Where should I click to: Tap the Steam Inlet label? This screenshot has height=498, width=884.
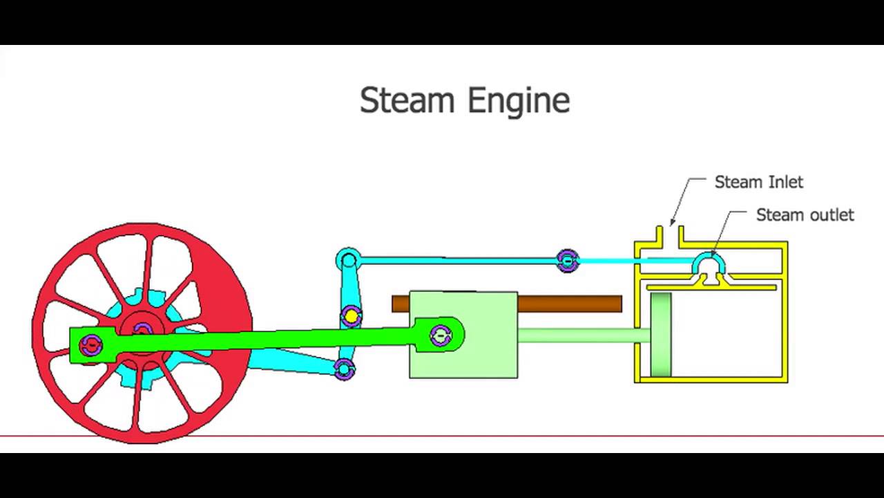tap(758, 182)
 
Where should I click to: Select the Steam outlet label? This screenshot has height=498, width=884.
tap(805, 214)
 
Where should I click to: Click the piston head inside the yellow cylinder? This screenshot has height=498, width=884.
tap(661, 335)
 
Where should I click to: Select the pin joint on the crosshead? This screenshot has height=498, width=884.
tap(441, 335)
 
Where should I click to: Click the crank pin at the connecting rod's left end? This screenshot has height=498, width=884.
tap(90, 344)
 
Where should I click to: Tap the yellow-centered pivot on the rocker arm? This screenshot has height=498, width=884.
tap(351, 317)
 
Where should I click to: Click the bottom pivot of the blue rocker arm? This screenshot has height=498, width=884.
tap(344, 369)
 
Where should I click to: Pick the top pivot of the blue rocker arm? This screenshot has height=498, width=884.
tap(348, 261)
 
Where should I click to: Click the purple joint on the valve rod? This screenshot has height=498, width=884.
tap(567, 261)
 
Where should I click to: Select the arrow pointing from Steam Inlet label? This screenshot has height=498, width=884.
tap(680, 201)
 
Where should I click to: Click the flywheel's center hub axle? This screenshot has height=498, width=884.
tap(142, 329)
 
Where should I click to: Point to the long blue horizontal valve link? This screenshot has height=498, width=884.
tap(456, 261)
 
